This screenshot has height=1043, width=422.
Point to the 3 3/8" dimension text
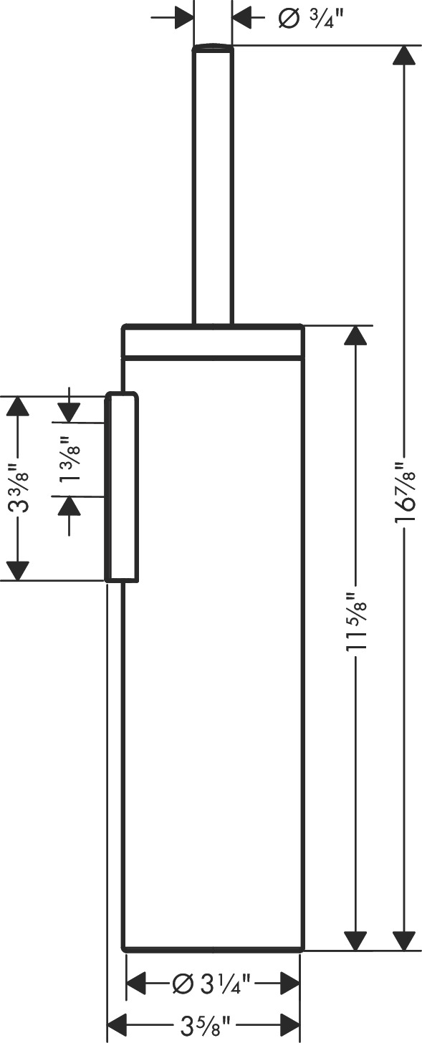coord(19,489)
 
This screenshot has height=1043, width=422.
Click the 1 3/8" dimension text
coord(69,460)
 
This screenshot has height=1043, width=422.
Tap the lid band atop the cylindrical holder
coord(214,342)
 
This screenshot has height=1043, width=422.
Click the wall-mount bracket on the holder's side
coord(122,487)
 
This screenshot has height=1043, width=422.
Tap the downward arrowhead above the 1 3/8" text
coord(69,411)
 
